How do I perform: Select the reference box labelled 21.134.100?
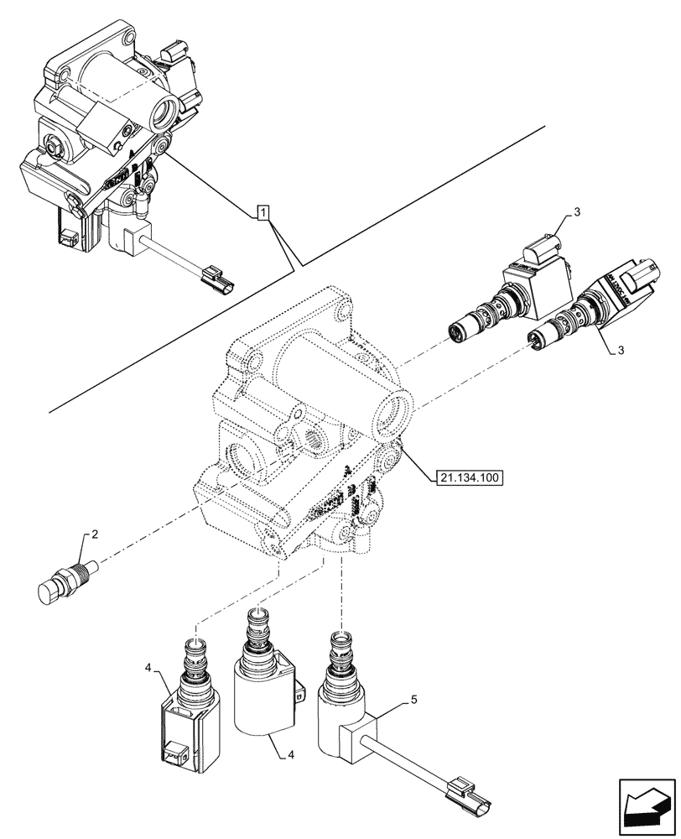point(469,479)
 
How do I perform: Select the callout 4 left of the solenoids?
point(148,669)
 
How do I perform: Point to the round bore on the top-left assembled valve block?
point(164,107)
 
